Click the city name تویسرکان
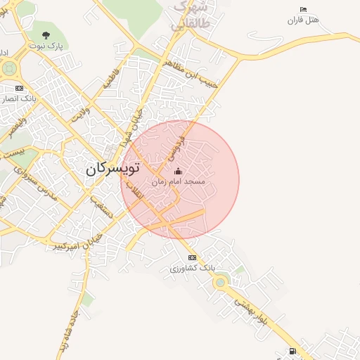coord(113,169)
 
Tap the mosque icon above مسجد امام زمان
coord(177,171)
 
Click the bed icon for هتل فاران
coord(303,10)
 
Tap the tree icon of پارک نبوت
coord(46,34)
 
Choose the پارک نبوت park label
coord(46,46)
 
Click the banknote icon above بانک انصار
coord(19,89)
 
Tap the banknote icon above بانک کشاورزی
coord(193,257)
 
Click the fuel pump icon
coord(292,351)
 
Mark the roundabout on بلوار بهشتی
coord(221,283)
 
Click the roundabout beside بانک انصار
coord(10,69)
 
